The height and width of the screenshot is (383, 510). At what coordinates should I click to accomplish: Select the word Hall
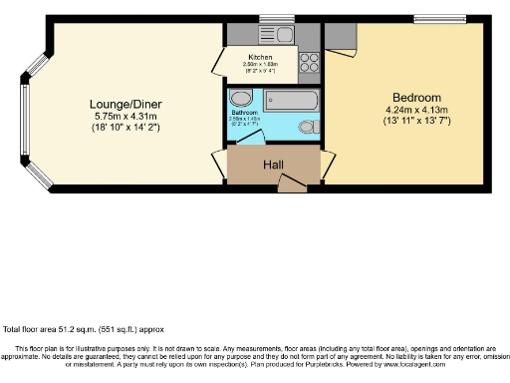tap(275, 165)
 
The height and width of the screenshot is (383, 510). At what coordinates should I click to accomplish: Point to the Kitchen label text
tap(261, 58)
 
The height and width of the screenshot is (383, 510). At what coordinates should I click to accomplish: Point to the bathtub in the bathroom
tap(290, 100)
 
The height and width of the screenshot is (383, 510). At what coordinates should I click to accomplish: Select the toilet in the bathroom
tap(308, 127)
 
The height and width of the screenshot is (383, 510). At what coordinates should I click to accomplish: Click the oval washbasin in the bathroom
tap(240, 99)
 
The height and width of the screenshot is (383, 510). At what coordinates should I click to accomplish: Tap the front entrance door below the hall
tap(291, 184)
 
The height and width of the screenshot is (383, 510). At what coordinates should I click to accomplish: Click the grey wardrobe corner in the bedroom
tap(339, 37)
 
